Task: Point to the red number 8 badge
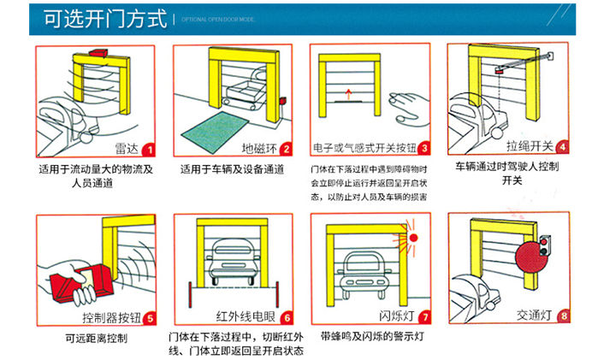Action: (562, 316)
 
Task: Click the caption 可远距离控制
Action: (96, 339)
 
